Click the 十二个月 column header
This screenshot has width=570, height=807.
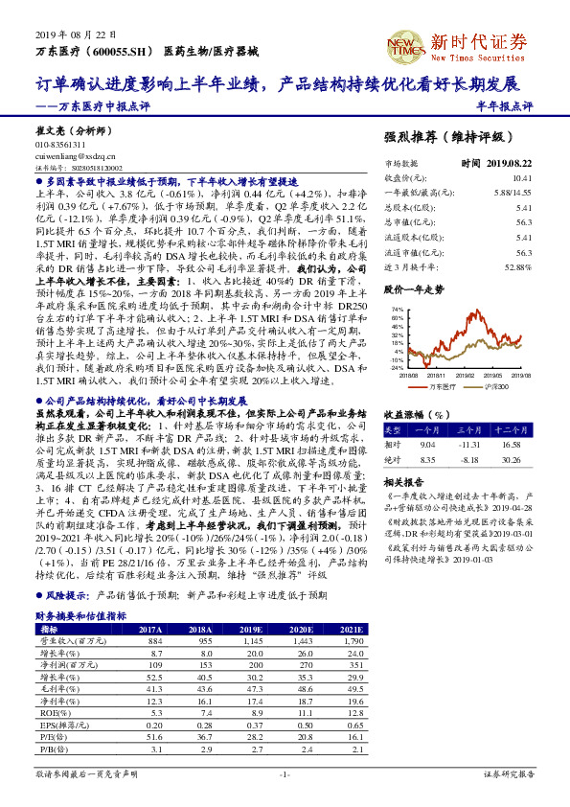coord(532,431)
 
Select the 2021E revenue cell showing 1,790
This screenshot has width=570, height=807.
coord(349,640)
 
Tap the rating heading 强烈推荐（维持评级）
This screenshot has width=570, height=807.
coord(459,138)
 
